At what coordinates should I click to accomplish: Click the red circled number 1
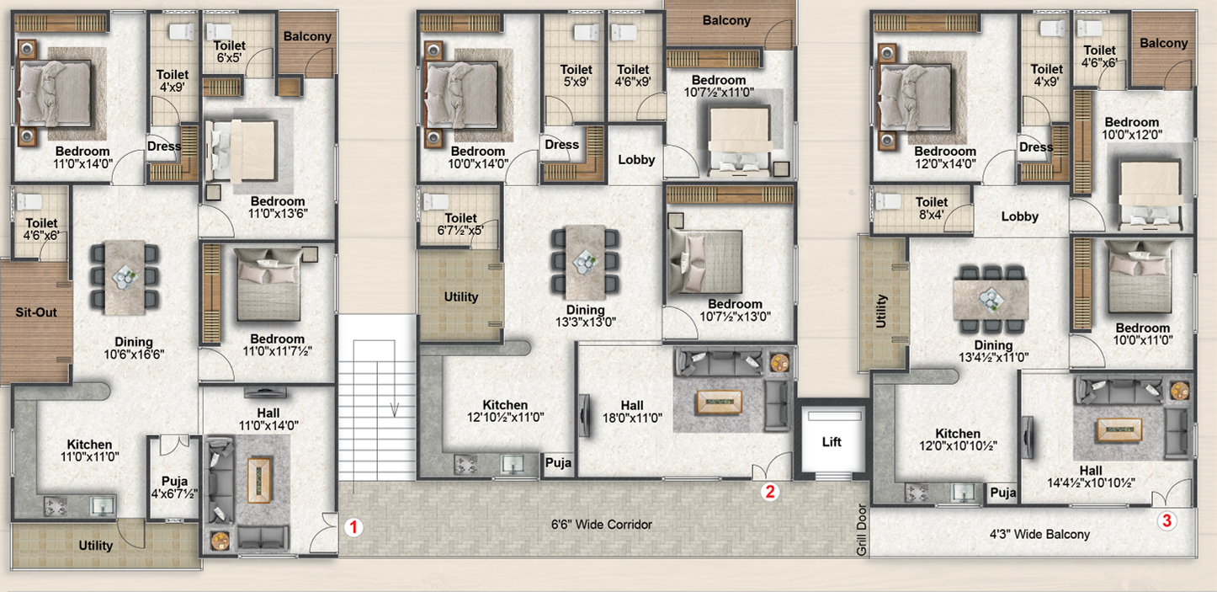click(x=353, y=527)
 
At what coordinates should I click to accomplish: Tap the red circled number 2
click(x=770, y=492)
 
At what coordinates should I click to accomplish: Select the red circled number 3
click(x=1167, y=520)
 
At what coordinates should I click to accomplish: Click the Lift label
click(x=832, y=442)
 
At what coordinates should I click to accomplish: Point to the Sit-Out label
click(x=36, y=312)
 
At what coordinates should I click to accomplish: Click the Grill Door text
click(x=862, y=530)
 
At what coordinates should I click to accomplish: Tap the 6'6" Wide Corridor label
click(x=602, y=525)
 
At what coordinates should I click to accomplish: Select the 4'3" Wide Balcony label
click(x=1039, y=535)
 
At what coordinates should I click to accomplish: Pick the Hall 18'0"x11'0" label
click(x=632, y=412)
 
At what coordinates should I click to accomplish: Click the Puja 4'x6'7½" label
click(x=174, y=488)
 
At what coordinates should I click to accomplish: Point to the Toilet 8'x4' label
click(x=931, y=209)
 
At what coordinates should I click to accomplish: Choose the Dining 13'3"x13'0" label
click(x=586, y=316)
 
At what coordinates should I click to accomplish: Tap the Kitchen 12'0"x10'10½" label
click(x=958, y=440)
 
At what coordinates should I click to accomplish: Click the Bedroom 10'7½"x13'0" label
click(x=735, y=311)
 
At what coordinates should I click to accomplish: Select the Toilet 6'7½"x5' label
click(x=460, y=224)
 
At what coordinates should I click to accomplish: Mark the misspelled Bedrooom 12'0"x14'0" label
click(x=945, y=157)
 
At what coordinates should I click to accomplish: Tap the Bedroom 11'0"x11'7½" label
click(x=277, y=345)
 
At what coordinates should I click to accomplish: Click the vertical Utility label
click(x=881, y=311)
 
